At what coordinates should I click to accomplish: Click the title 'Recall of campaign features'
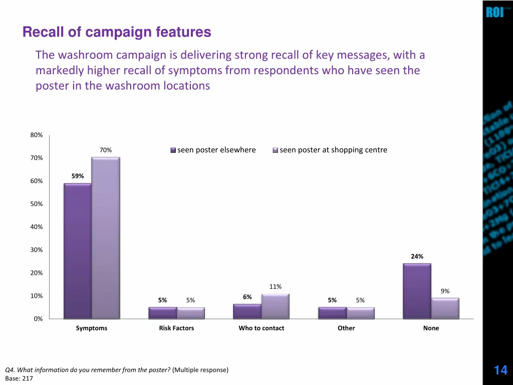117,33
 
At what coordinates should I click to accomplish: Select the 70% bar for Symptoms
105,238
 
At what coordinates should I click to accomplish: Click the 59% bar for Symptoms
78,251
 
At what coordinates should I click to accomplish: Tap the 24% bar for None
417,291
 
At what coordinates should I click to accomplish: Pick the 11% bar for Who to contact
275,306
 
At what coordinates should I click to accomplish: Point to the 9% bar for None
445,308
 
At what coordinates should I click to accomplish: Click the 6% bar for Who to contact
247,311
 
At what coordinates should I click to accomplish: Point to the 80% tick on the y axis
37,135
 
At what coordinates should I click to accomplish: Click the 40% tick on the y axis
37,227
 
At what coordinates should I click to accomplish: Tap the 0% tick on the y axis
38,319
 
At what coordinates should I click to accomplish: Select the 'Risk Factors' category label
176,328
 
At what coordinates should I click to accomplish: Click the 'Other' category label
346,328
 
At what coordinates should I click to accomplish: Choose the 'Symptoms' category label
92,328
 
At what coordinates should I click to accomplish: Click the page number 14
500,370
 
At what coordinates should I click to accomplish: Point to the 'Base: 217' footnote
19,378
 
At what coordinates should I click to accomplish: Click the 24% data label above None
417,257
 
